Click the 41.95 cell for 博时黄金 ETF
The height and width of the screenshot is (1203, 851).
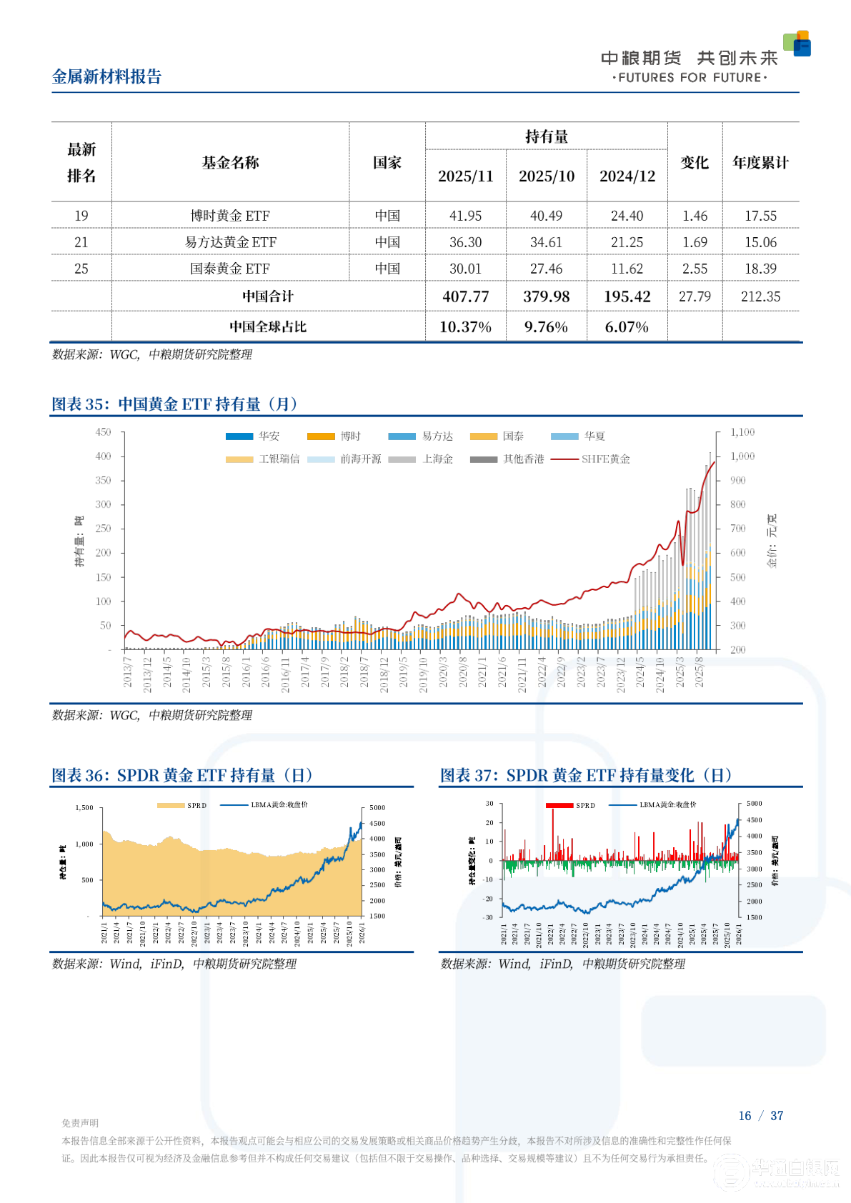coord(465,216)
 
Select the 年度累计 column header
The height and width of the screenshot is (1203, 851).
coord(760,163)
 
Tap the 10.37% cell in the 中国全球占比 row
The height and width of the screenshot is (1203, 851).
coord(465,327)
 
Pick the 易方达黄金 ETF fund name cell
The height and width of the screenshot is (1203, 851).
coord(230,242)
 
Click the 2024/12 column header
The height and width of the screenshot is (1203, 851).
coord(627,176)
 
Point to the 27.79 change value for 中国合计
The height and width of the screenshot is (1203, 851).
coord(695,296)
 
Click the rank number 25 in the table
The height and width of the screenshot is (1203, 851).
coord(81,269)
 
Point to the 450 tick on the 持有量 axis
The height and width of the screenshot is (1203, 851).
coord(104,432)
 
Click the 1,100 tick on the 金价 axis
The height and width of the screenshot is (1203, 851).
coord(742,432)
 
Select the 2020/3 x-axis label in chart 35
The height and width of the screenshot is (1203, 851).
coord(443,673)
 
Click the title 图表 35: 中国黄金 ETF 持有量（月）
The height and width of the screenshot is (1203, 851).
coord(175,404)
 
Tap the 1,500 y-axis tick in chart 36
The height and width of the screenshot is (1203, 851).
coord(84,808)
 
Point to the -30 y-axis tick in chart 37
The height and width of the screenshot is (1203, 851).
coord(489,917)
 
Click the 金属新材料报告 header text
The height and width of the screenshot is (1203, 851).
coord(107,77)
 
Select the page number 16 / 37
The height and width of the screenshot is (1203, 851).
coord(760,1116)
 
